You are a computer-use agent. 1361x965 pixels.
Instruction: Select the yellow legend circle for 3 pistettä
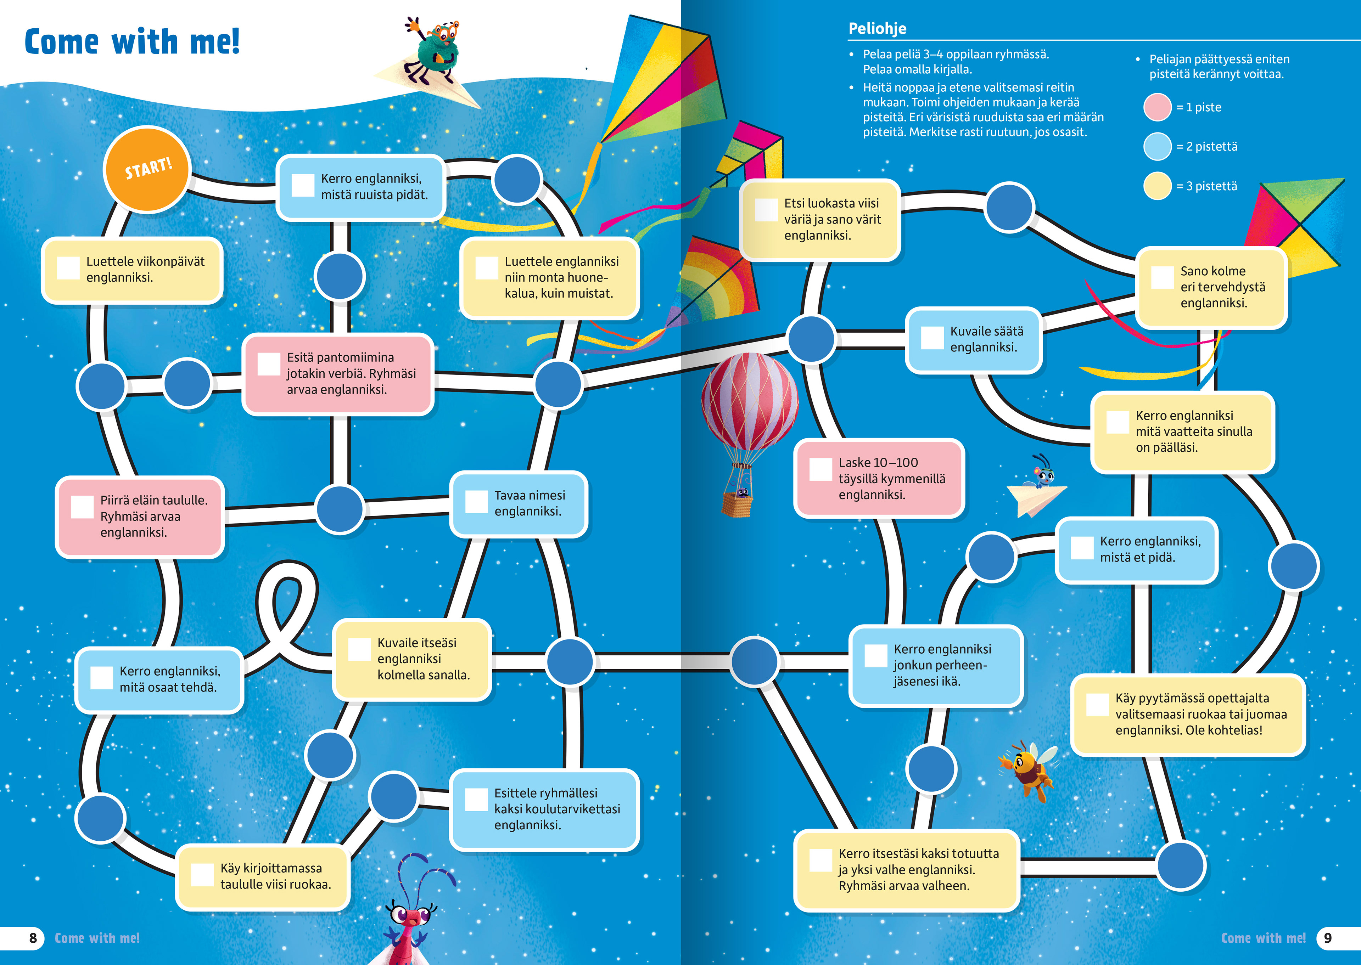(x=1157, y=186)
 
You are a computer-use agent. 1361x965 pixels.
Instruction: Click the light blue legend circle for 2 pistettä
(x=1157, y=147)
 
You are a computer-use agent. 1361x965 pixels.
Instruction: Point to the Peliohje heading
(x=877, y=29)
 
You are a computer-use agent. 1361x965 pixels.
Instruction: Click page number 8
(x=33, y=938)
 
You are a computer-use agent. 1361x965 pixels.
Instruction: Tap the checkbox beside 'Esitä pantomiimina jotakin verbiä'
(x=269, y=364)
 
